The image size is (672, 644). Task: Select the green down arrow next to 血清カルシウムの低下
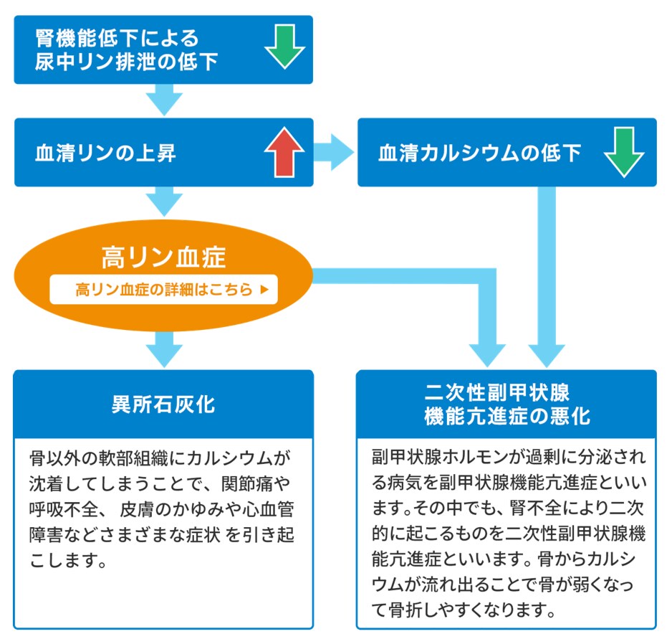click(623, 153)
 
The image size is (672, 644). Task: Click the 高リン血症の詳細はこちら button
click(163, 290)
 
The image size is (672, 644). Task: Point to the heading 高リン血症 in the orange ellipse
click(163, 257)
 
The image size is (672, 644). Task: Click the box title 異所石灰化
click(163, 404)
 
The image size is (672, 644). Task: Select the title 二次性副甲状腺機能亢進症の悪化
click(507, 404)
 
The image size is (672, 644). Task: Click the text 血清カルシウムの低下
click(479, 153)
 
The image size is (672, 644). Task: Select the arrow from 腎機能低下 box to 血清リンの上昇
click(163, 100)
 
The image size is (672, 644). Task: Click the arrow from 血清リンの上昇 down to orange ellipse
click(163, 201)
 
